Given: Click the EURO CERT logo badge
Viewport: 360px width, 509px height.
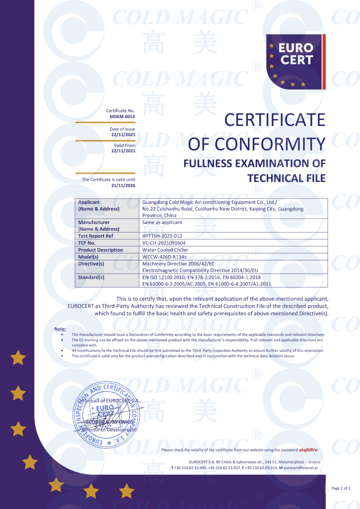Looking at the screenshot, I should click(x=295, y=62).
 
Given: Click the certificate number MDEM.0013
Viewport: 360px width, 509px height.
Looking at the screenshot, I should click(x=122, y=117).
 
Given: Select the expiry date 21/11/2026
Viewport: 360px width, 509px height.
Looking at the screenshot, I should click(x=123, y=186).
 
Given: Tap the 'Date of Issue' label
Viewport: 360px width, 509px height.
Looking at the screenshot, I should click(x=122, y=129).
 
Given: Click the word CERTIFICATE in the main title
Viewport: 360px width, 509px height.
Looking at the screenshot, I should click(x=275, y=120).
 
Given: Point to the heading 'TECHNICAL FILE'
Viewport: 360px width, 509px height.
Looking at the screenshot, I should click(x=286, y=178).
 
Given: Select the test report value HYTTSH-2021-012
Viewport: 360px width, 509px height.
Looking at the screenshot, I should click(x=162, y=236).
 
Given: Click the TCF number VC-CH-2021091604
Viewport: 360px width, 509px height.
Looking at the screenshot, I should click(x=164, y=243).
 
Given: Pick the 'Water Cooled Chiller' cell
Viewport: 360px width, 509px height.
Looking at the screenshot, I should click(x=165, y=250).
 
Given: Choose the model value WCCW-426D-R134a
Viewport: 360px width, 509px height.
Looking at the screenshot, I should click(x=164, y=257).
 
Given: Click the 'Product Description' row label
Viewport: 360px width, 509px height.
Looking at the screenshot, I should click(x=100, y=250).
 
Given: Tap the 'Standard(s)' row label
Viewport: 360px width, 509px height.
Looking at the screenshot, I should click(x=91, y=277).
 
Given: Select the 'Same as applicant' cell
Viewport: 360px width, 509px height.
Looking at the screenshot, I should click(x=162, y=222).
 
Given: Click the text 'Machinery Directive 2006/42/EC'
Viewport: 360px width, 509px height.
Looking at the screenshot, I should click(x=178, y=264).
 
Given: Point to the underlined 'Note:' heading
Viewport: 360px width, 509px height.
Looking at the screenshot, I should click(x=60, y=329).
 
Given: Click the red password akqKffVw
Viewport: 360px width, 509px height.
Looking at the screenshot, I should click(x=308, y=450).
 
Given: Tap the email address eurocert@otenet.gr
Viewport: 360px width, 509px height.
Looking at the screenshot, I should click(x=301, y=468).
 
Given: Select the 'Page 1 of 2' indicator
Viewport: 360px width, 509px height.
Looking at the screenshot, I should click(x=341, y=488).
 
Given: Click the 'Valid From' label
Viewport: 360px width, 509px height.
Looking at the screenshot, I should click(x=124, y=145).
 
